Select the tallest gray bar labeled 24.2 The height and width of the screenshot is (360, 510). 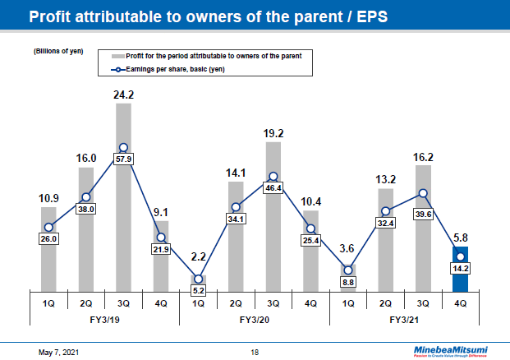pos(123,197)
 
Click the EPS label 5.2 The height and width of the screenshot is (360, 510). pos(198,290)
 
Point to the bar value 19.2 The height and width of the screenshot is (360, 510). pos(273,132)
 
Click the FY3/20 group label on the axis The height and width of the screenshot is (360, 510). pos(255,319)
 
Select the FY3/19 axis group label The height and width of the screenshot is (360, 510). pos(104,319)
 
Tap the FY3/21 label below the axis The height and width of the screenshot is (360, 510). pos(404,319)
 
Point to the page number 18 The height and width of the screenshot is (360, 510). pos(255,352)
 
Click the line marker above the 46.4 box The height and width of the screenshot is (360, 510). pos(273,176)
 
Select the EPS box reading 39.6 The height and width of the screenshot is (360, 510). pos(423,215)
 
